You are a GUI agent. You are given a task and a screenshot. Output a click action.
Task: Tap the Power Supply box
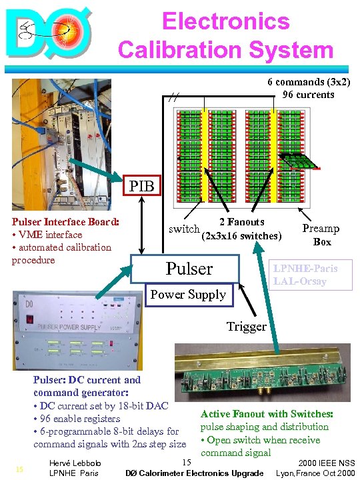point(189,294)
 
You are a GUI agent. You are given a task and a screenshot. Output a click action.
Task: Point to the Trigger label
point(246,326)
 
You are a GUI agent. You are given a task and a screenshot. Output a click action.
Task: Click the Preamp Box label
point(321,235)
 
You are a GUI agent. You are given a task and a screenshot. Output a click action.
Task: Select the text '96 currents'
point(308,95)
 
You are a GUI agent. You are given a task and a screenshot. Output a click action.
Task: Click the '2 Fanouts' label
point(241,222)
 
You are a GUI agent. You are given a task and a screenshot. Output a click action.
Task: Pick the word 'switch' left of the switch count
point(183,229)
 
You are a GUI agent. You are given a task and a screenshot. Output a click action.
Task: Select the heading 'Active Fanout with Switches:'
point(267,414)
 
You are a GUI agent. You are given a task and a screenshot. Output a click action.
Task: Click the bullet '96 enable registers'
point(79,418)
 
